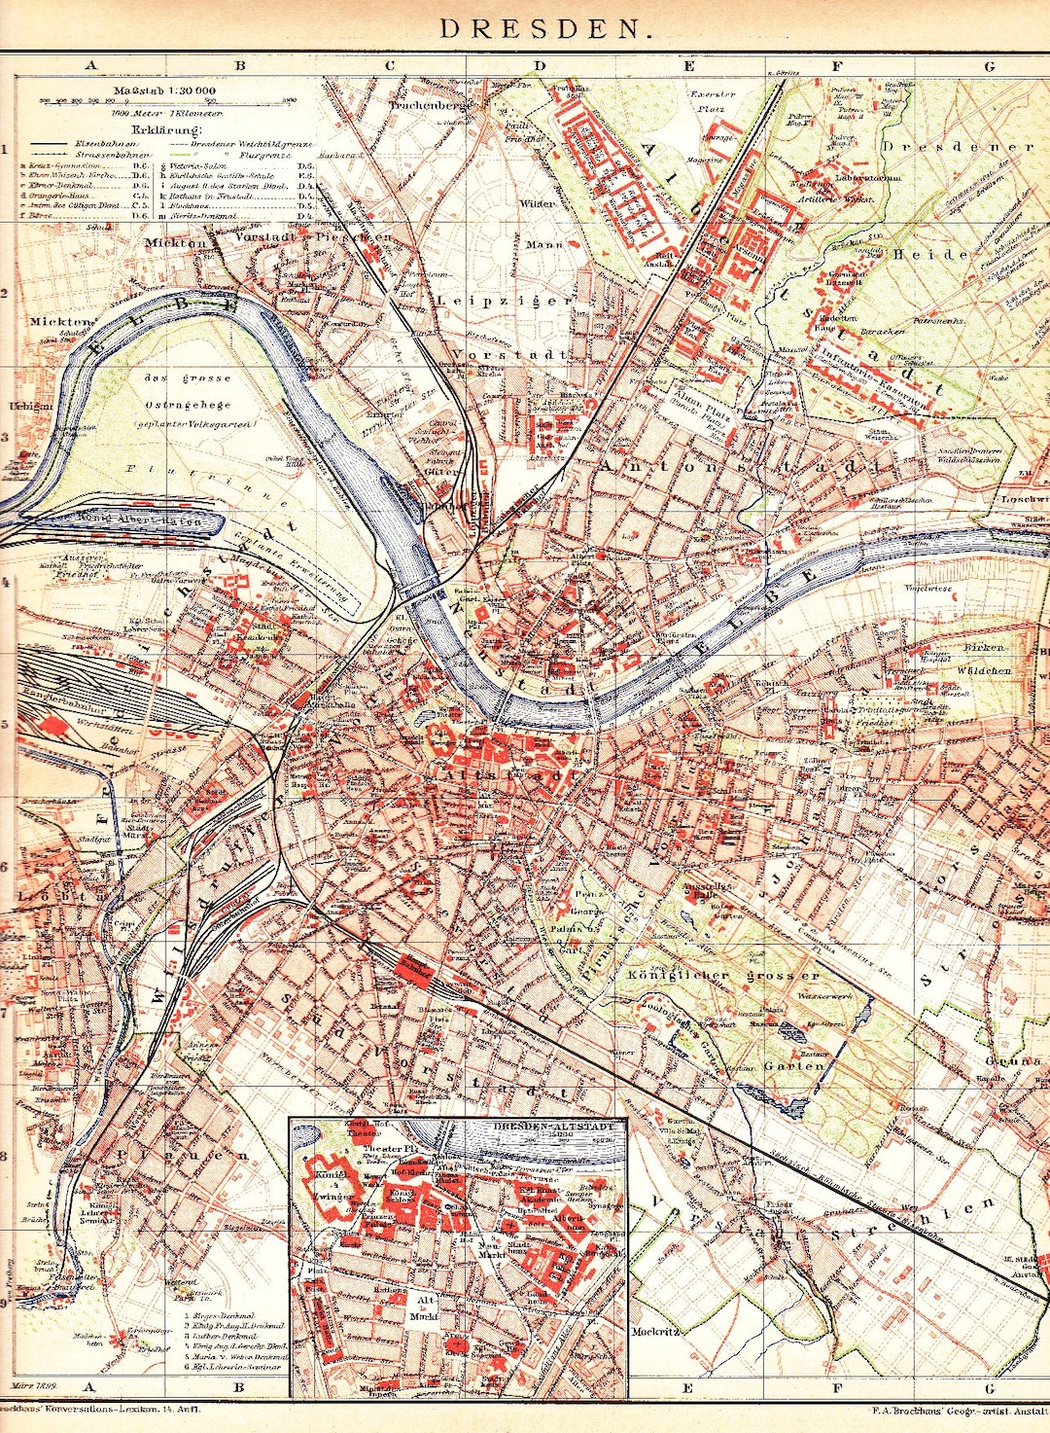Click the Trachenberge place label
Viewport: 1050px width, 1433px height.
click(429, 103)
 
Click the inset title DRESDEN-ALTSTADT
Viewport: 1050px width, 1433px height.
click(555, 1126)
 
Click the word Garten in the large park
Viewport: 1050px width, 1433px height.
click(794, 1065)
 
